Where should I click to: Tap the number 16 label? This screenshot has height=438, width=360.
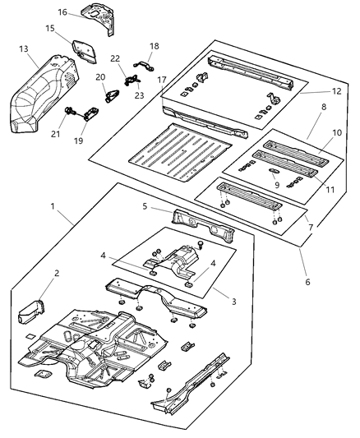pyautogui.click(x=62, y=12)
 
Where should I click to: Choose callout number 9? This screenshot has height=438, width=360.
pyautogui.click(x=277, y=185)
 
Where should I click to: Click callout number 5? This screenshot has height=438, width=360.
pyautogui.click(x=144, y=207)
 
